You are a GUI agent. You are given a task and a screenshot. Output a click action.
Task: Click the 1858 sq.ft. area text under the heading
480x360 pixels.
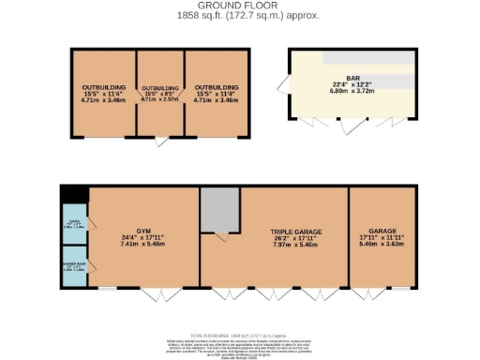coord(239,16)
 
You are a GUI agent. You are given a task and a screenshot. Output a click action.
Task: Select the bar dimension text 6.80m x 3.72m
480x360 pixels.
coord(353,92)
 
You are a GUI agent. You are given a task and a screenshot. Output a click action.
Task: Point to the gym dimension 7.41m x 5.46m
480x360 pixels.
coord(142,247)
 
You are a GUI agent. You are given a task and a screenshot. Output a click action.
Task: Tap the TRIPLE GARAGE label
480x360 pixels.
coord(292,231)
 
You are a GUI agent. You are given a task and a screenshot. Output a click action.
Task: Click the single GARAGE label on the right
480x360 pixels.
coord(382,231)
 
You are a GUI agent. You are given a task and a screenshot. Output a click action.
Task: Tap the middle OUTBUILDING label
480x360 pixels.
coord(159,88)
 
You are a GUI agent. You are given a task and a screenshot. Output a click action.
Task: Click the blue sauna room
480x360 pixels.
coord(73,223)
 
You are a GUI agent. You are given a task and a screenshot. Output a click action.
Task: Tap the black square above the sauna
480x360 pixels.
coord(73,193)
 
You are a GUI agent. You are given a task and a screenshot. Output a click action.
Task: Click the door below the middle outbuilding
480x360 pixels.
coord(162,142)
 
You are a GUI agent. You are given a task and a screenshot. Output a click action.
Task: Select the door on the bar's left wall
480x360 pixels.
coord(283,87)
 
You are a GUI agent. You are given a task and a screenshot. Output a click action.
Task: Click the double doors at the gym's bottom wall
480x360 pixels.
coord(163,292)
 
